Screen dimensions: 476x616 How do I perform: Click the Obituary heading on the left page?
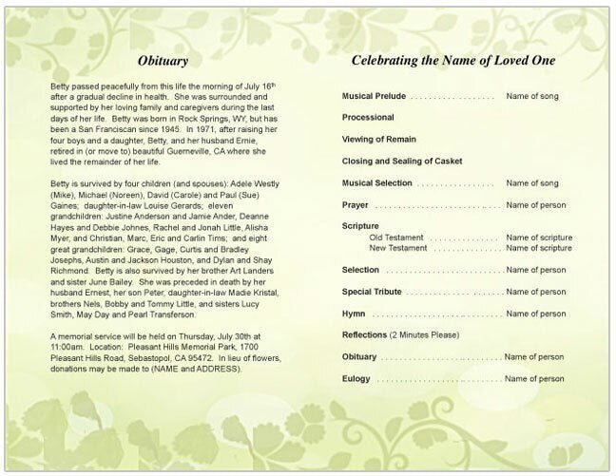point(169,60)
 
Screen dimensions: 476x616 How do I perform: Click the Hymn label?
point(355,313)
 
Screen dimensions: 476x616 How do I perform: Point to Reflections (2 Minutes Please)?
point(400,335)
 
